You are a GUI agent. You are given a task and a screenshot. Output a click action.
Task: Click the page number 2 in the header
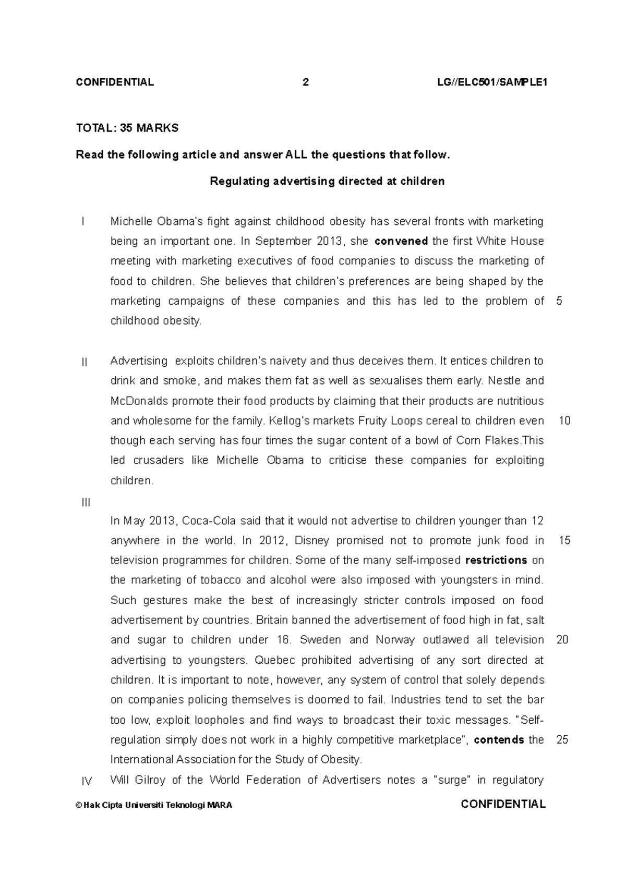click(x=306, y=82)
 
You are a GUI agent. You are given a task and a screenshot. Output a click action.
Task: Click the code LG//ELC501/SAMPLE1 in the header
click(x=492, y=82)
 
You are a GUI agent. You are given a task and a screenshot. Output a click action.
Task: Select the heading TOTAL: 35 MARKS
click(x=127, y=128)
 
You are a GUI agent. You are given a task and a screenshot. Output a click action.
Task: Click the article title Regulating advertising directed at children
click(x=327, y=182)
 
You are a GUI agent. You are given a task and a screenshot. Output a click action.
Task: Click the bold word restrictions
click(x=496, y=560)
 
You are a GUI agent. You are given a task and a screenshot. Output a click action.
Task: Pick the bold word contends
click(x=499, y=740)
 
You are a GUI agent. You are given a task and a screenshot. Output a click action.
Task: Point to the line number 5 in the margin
click(x=559, y=301)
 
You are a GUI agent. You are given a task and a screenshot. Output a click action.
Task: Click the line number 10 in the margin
click(x=564, y=421)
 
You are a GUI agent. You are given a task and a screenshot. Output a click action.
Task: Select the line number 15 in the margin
click(x=564, y=541)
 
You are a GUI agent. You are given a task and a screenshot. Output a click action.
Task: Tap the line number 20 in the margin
click(x=562, y=640)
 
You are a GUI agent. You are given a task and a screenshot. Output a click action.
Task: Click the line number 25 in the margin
click(x=562, y=740)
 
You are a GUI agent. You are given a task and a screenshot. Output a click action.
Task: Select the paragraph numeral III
click(x=86, y=502)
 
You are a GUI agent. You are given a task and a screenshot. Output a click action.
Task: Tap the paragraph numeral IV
click(x=87, y=781)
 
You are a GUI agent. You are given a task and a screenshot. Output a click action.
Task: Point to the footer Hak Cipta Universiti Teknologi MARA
click(x=154, y=805)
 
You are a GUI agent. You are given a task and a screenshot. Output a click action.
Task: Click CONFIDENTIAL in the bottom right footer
click(x=503, y=804)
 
